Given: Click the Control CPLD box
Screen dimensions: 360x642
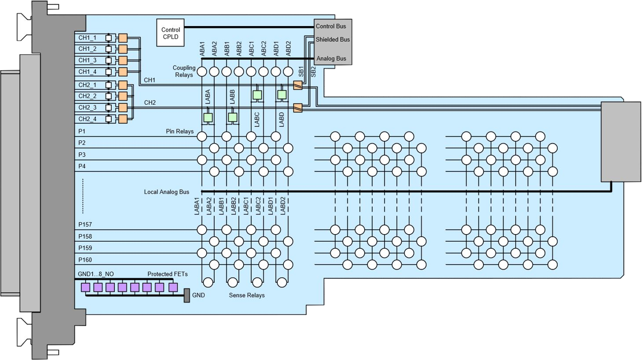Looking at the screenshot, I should coord(171,33).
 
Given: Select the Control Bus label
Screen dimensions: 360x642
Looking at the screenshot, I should coord(331,26).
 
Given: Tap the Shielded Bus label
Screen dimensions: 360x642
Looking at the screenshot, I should coord(333,40).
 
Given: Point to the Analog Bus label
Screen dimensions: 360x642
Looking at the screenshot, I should coord(331,59).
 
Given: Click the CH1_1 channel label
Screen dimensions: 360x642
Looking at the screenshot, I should coord(87,38).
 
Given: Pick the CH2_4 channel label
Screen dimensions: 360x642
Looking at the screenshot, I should coord(87,119).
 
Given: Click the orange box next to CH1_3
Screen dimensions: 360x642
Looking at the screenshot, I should coord(122,61).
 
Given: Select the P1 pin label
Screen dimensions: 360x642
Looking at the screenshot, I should coord(82,131).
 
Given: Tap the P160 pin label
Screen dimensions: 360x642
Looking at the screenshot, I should coord(85,260).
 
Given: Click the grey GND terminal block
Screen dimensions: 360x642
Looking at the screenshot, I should coord(187,295).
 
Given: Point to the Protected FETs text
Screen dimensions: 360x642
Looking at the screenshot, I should coord(168,274).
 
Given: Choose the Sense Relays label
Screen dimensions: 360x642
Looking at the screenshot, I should coord(247,295).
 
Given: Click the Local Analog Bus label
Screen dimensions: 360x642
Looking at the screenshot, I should coord(167,192).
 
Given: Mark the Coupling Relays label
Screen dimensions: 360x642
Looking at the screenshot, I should coord(184,71).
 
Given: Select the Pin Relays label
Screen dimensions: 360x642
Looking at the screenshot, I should coord(180,132).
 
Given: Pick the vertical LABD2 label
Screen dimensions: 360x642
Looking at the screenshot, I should coord(283,206).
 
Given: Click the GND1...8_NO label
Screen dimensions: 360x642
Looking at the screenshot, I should coord(99,274).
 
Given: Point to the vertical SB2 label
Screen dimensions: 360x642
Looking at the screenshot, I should coord(314,72).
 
